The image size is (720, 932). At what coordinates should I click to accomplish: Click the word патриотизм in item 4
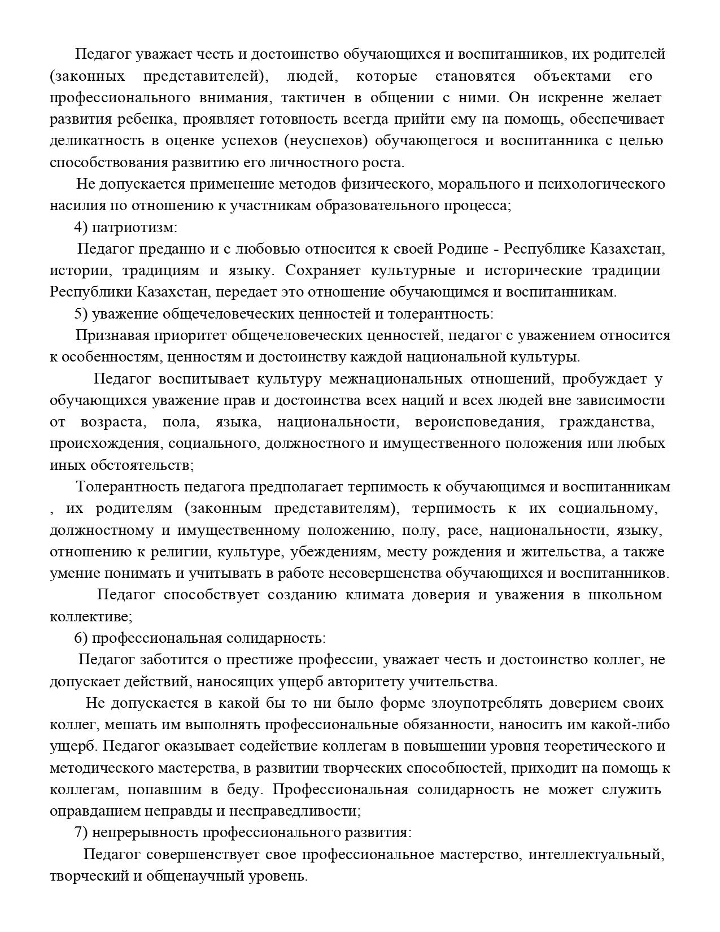(x=134, y=228)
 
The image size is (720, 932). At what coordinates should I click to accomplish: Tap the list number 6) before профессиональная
(x=81, y=638)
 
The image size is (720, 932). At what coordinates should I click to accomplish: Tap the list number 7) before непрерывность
(x=81, y=833)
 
